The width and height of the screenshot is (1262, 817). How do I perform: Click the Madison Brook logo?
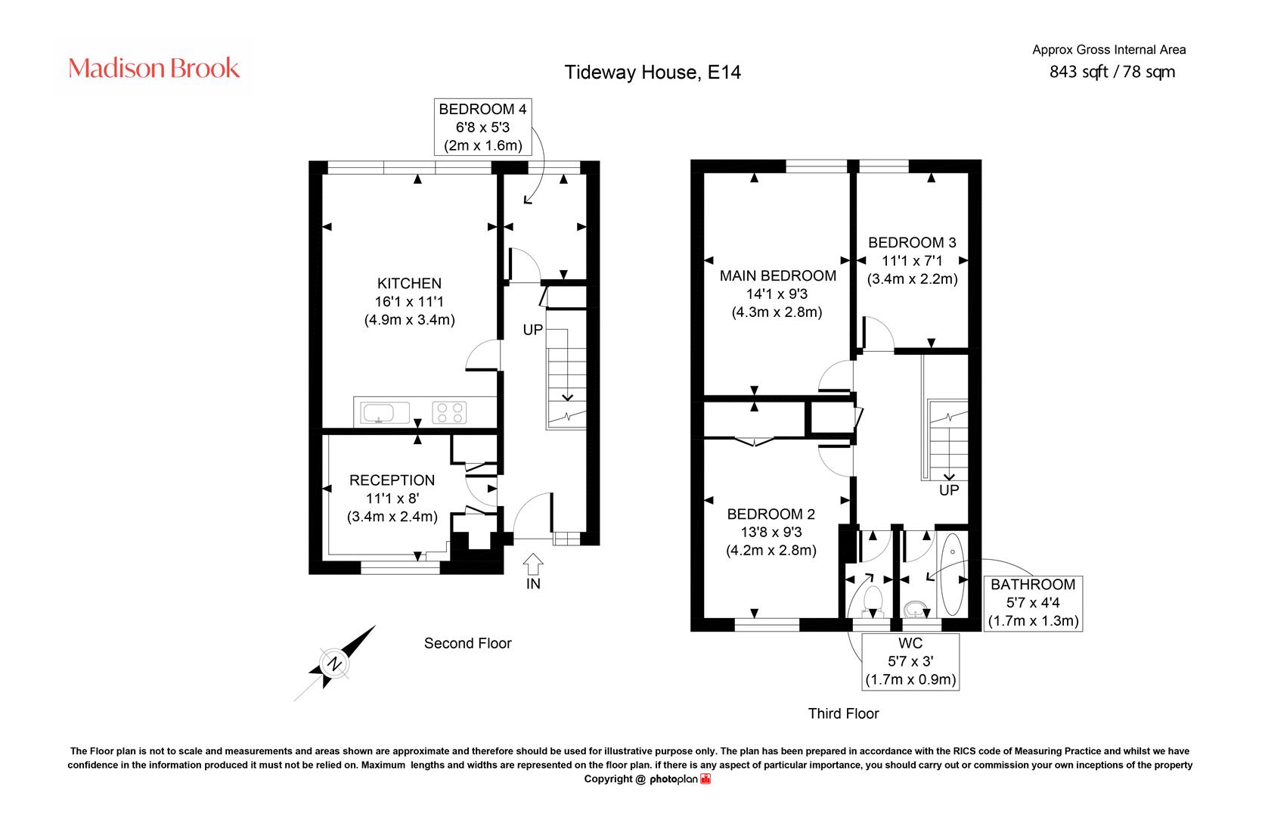(x=153, y=68)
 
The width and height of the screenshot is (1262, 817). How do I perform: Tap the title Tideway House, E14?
(x=653, y=72)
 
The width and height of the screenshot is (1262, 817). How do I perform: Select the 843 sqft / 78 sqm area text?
(x=1112, y=72)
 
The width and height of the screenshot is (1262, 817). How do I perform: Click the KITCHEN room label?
(x=409, y=283)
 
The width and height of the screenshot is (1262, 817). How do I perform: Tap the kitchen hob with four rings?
(x=449, y=412)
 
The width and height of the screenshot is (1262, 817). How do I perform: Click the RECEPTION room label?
(x=392, y=480)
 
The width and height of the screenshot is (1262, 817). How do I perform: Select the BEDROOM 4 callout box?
(x=483, y=127)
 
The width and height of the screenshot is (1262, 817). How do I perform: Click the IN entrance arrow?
(x=533, y=564)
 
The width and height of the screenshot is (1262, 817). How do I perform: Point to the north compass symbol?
(x=335, y=663)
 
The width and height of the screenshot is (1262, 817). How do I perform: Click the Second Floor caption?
(x=467, y=643)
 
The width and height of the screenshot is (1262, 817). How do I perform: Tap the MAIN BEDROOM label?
(x=777, y=275)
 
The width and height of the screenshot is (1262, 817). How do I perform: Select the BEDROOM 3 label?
(x=912, y=242)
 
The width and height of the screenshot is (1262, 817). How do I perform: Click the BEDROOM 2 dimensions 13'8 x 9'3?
(x=771, y=532)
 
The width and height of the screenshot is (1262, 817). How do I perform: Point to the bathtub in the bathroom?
(x=953, y=574)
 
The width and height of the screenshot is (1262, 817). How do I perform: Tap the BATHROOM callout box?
(x=1033, y=603)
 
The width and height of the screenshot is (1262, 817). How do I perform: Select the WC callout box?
(x=910, y=661)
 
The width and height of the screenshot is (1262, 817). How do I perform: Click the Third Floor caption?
(x=843, y=714)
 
